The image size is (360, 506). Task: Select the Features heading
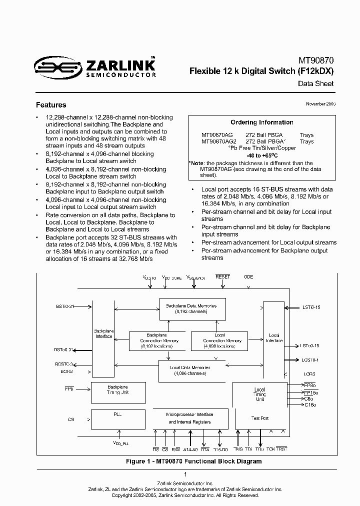[51, 105]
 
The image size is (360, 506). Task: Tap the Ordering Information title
[261, 122]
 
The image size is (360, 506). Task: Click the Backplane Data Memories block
[188, 308]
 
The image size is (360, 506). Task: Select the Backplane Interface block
[103, 333]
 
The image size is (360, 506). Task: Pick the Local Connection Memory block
[219, 340]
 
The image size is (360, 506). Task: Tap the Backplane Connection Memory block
[156, 340]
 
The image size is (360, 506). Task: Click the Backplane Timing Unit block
[118, 390]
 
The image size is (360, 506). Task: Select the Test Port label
[259, 418]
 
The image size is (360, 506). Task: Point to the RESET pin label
[222, 276]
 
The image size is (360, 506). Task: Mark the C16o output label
[310, 404]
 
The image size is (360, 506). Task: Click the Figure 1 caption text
[193, 461]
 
